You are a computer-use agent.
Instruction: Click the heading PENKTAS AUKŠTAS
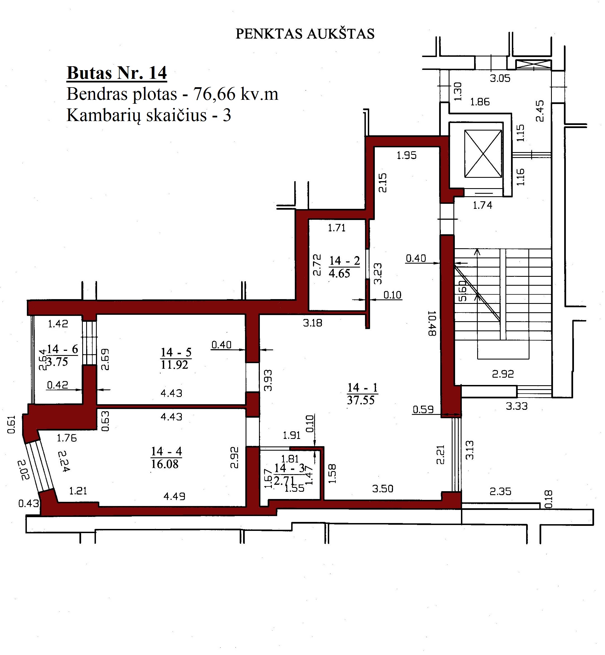point(305,34)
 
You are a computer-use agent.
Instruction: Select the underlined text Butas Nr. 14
point(117,73)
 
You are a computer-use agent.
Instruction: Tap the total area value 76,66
point(215,94)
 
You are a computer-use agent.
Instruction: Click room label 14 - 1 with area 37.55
point(362,394)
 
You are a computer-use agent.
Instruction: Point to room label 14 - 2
point(344,261)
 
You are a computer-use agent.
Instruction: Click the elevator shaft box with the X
point(483,154)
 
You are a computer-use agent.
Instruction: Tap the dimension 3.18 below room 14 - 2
point(312,323)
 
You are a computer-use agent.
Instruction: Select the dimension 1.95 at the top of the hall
point(406,155)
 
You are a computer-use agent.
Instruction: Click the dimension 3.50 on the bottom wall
point(382,489)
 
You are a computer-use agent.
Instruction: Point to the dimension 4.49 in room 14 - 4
point(174,497)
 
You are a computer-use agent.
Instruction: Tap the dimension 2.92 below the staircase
point(503,374)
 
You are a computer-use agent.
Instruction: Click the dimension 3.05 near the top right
point(500,79)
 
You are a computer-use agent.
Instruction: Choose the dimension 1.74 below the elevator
point(482,205)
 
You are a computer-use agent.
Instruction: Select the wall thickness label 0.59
point(423,409)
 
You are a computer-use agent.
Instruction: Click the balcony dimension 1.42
point(58,324)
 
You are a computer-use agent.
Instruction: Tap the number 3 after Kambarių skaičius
point(227,115)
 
